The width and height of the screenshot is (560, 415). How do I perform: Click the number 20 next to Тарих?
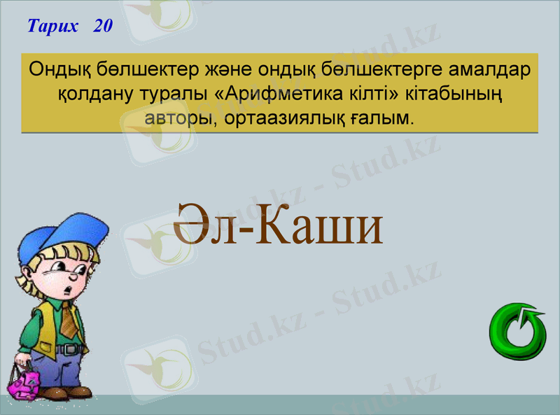tap(102, 27)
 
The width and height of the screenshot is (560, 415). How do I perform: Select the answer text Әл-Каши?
tap(279, 223)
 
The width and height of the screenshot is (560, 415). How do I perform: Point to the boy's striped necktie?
tap(69, 319)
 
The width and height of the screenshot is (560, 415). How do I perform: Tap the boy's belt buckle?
tap(70, 349)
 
